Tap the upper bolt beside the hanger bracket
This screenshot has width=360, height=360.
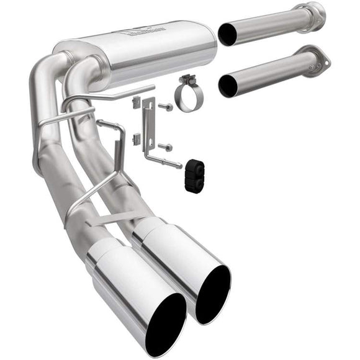tap(166, 107)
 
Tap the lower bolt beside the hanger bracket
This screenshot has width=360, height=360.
tap(166, 147)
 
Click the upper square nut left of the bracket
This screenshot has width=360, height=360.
tap(136, 104)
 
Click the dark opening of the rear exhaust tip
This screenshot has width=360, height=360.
tap(213, 294)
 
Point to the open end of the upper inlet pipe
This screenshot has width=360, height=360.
tap(228, 35)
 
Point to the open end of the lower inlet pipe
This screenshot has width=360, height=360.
tap(228, 85)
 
